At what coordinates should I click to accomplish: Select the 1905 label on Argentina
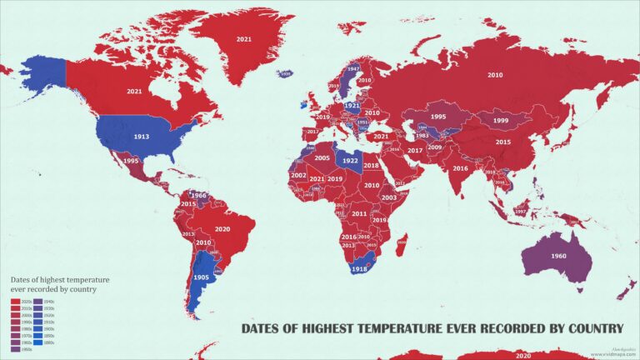pos(200,277)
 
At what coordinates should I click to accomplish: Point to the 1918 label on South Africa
pos(359,269)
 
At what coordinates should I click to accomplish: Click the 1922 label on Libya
pos(350,161)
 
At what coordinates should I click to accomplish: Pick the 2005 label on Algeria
pos(322,157)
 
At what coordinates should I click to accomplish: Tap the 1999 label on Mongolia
pos(500,121)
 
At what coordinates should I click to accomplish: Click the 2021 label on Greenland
pos(243,39)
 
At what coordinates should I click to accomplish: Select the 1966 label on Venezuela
pos(198,196)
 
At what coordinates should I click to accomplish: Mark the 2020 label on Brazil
pos(222,228)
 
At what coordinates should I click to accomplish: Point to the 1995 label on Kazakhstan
pos(437,117)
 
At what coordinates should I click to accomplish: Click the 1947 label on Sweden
pos(353,69)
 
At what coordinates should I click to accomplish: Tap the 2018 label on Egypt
pos(371,166)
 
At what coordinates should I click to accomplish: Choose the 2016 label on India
pos(460,168)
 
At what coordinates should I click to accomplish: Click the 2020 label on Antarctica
pos(522,355)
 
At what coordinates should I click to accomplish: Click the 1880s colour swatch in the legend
pos(38,342)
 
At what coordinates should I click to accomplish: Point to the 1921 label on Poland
pos(352,106)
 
